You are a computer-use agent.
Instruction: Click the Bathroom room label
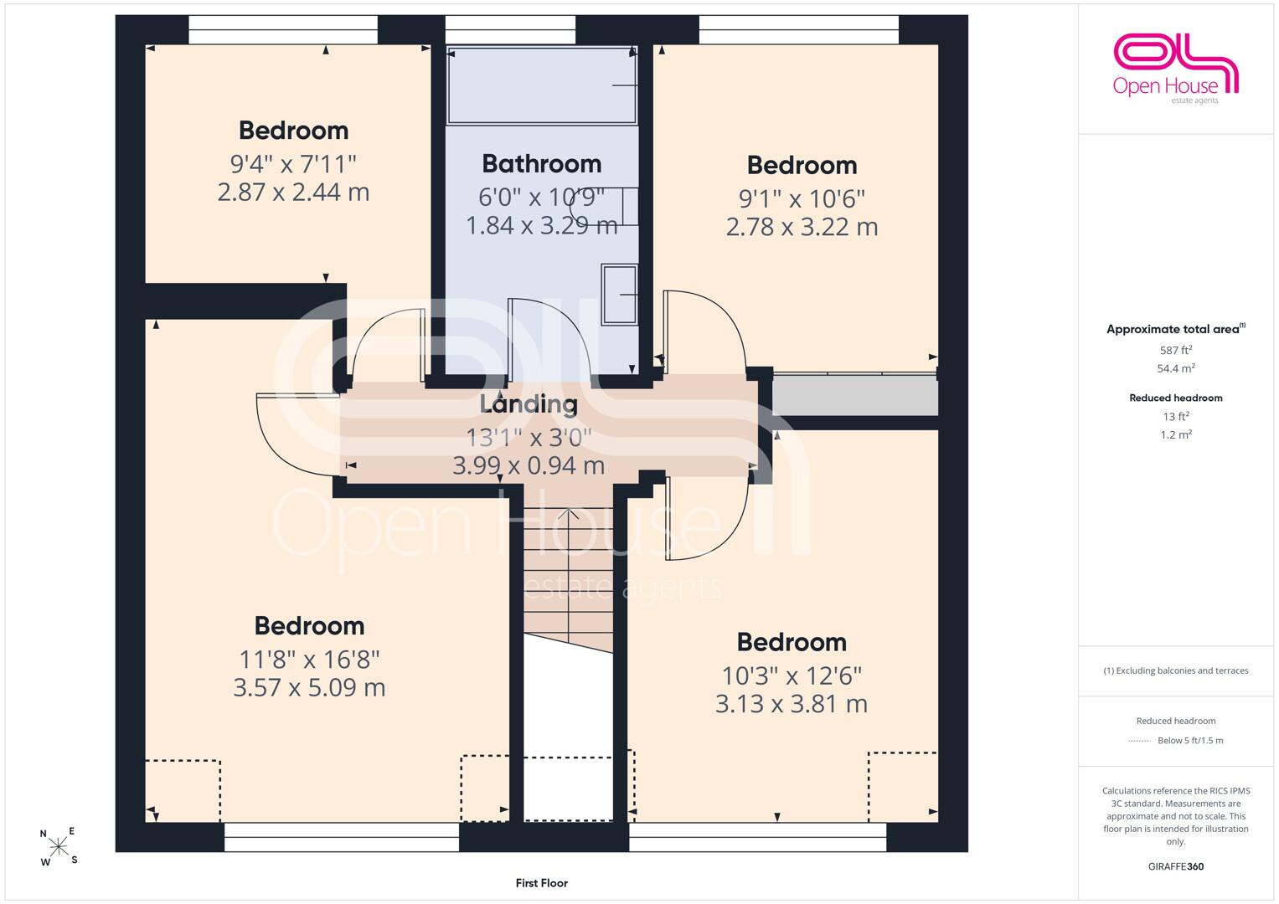click(x=542, y=164)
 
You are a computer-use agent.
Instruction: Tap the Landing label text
click(x=529, y=404)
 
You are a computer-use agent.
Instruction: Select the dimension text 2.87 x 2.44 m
click(x=293, y=192)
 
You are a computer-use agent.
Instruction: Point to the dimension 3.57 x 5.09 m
click(x=309, y=687)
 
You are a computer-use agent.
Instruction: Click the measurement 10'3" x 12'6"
click(x=792, y=675)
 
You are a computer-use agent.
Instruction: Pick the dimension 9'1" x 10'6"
click(x=802, y=198)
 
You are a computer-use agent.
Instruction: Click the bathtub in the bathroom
click(x=541, y=85)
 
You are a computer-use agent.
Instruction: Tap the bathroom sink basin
click(x=619, y=295)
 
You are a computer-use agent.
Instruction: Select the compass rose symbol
click(x=59, y=846)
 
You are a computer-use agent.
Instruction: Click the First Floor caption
click(x=541, y=883)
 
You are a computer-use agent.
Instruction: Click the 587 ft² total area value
click(x=1176, y=350)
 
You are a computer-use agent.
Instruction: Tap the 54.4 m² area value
click(x=1176, y=368)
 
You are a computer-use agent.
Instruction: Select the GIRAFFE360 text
click(x=1176, y=866)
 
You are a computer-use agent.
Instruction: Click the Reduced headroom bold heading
click(x=1176, y=398)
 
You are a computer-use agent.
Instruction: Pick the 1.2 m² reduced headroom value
click(x=1176, y=434)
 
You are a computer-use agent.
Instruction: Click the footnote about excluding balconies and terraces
click(x=1176, y=670)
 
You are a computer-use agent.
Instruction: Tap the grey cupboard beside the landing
click(x=854, y=394)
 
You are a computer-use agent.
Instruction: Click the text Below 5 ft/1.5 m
click(x=1190, y=740)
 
